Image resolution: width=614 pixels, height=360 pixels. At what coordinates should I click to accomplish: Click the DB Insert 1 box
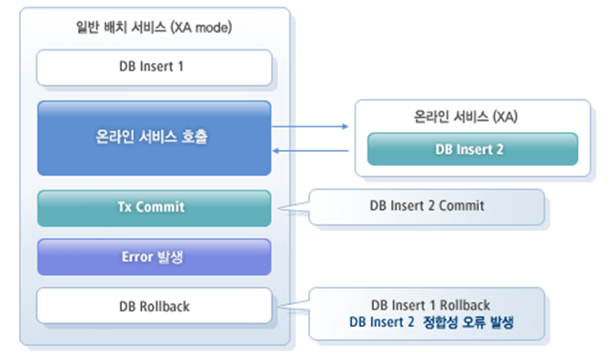[x=154, y=68]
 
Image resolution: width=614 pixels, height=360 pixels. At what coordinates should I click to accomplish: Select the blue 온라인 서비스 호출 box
[x=154, y=137]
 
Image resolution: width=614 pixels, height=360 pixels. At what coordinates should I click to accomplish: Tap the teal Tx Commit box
[x=154, y=207]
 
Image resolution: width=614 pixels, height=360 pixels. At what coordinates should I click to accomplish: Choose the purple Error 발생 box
[x=154, y=256]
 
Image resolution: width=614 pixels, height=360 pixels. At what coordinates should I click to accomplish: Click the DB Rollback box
[x=154, y=306]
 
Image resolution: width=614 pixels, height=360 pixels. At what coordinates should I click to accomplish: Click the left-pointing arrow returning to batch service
[x=312, y=150]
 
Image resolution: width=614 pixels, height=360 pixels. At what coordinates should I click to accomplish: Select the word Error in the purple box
[x=138, y=256]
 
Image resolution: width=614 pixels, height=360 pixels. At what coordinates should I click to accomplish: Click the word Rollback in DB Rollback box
[x=165, y=306]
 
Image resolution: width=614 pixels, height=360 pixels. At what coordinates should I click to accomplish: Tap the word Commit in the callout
[x=462, y=206]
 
